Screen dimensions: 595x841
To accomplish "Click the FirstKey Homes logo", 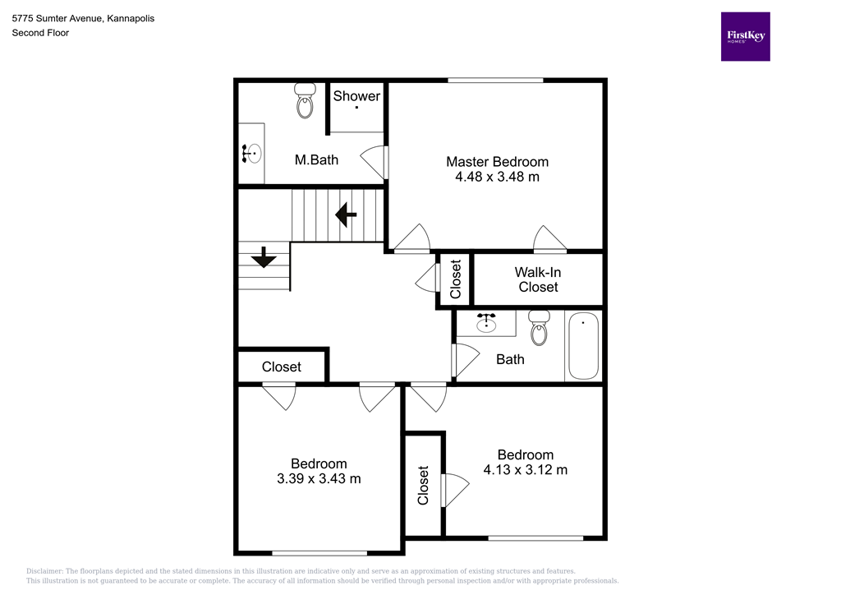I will [x=745, y=36].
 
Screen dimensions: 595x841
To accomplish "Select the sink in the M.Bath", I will [x=251, y=153].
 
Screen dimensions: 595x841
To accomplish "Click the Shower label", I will [x=356, y=96].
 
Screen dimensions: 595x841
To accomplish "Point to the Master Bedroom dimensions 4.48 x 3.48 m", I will [x=497, y=177].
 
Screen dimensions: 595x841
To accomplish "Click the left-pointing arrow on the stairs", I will [x=345, y=216].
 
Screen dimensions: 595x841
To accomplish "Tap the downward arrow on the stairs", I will [x=264, y=258].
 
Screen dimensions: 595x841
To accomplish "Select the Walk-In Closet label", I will [x=538, y=279].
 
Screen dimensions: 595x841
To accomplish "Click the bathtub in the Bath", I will [x=583, y=345].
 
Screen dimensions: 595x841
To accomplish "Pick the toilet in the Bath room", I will [x=539, y=328].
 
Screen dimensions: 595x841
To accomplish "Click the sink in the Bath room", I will [x=487, y=324].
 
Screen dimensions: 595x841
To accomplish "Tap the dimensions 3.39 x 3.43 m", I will [x=319, y=478].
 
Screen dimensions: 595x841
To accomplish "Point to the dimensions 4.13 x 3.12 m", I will [x=525, y=470].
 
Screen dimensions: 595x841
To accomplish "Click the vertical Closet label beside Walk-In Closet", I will [x=456, y=279].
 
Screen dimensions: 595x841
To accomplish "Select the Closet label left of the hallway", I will [x=282, y=367].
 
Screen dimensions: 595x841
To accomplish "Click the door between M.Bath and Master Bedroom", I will [x=377, y=161].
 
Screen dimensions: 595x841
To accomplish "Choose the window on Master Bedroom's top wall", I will [x=495, y=80].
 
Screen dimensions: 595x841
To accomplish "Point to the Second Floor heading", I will [x=39, y=33].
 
